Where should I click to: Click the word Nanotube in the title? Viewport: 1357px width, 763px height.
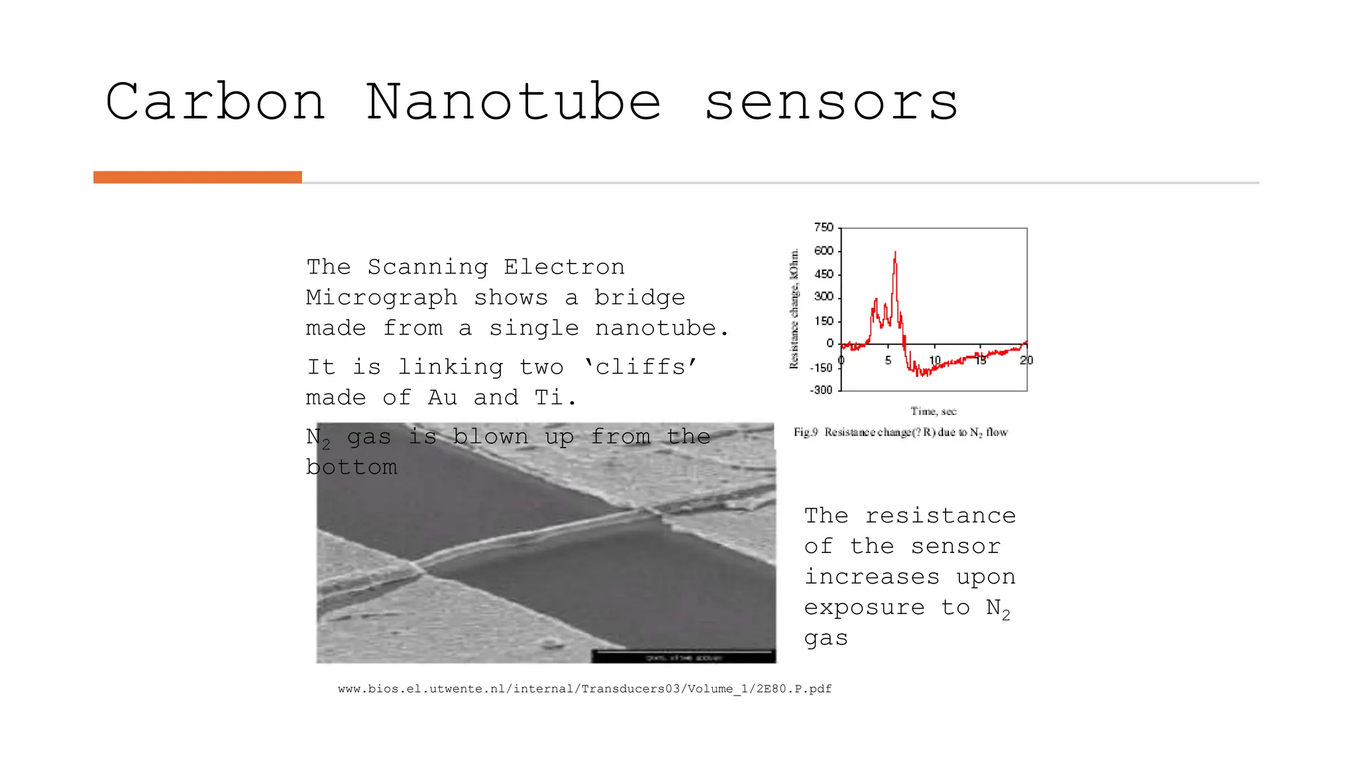pyautogui.click(x=514, y=103)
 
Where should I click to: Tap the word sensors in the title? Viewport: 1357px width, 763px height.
pyautogui.click(x=832, y=104)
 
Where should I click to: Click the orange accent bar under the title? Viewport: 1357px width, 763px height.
pyautogui.click(x=197, y=177)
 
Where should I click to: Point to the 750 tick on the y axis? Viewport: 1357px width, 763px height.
pyautogui.click(x=824, y=228)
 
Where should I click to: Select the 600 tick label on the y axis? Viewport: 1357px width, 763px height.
pyautogui.click(x=824, y=251)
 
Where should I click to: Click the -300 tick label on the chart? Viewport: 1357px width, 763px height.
pyautogui.click(x=822, y=390)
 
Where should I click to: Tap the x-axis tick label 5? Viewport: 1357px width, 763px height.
pyautogui.click(x=888, y=360)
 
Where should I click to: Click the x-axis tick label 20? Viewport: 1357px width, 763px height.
pyautogui.click(x=1026, y=360)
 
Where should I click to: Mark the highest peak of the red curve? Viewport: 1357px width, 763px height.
pyautogui.click(x=895, y=252)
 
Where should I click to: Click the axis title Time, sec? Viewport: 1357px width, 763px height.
pyautogui.click(x=933, y=411)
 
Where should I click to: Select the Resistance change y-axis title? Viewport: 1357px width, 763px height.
pyautogui.click(x=794, y=309)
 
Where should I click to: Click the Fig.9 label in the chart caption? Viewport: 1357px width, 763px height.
pyautogui.click(x=806, y=432)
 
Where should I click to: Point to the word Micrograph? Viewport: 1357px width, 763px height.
pyautogui.click(x=382, y=298)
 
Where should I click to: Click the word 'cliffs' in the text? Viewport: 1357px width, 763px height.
pyautogui.click(x=640, y=367)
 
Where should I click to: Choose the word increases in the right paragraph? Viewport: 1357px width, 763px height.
pyautogui.click(x=872, y=577)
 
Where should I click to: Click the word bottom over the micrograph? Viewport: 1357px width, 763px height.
pyautogui.click(x=352, y=468)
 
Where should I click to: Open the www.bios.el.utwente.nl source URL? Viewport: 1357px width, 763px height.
pyautogui.click(x=584, y=689)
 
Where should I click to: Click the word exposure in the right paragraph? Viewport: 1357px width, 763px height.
pyautogui.click(x=864, y=608)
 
